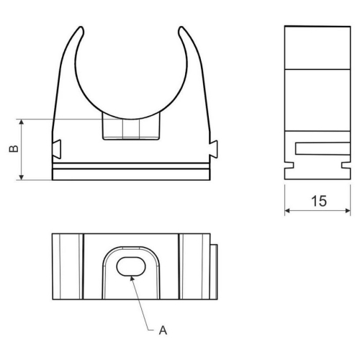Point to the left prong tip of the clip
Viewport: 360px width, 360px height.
[x=78, y=31]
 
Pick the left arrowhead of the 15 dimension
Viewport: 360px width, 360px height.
[x=287, y=211]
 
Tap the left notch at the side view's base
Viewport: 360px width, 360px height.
[x=289, y=166]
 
